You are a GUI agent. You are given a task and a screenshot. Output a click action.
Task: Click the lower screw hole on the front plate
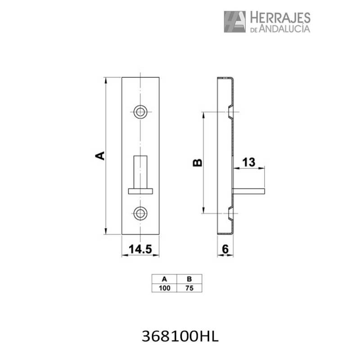pyautogui.click(x=141, y=213)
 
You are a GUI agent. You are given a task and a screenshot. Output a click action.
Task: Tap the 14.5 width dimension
pyautogui.click(x=140, y=248)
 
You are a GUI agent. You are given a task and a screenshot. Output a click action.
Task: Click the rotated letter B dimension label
pyautogui.click(x=197, y=162)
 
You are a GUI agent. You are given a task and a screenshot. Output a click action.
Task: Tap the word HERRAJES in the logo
pyautogui.click(x=279, y=18)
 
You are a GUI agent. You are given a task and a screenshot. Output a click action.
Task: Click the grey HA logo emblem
pyautogui.click(x=234, y=22)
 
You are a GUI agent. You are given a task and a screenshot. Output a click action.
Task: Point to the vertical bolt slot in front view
pyautogui.click(x=141, y=172)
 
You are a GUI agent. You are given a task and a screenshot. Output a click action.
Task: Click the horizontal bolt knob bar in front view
pyautogui.click(x=141, y=191)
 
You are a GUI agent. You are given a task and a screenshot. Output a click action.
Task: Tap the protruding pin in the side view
pyautogui.click(x=250, y=191)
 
